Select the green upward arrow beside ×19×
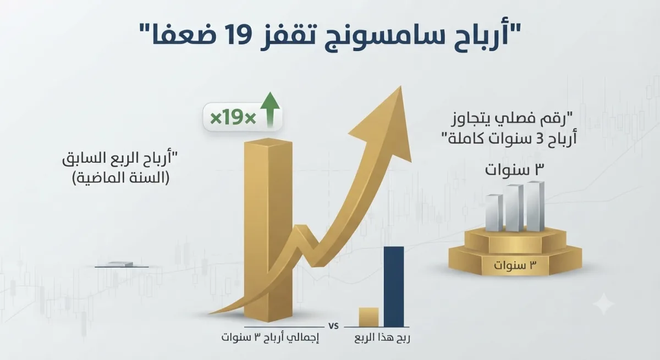pyautogui.click(x=270, y=110)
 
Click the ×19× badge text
pyautogui.click(x=233, y=118)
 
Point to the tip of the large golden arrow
pyautogui.click(x=401, y=86)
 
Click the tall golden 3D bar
pyautogui.click(x=268, y=230)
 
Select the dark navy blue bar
pyautogui.click(x=394, y=286)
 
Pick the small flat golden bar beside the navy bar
pyautogui.click(x=369, y=317)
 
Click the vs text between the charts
pyautogui.click(x=333, y=326)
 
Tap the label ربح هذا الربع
pyautogui.click(x=382, y=338)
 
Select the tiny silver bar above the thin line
pyautogui.click(x=121, y=264)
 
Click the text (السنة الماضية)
pyautogui.click(x=121, y=178)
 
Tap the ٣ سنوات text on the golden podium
pyautogui.click(x=515, y=265)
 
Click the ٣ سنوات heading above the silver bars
pyautogui.click(x=515, y=170)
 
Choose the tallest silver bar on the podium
pyautogui.click(x=535, y=206)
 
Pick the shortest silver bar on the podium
pyautogui.click(x=494, y=213)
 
